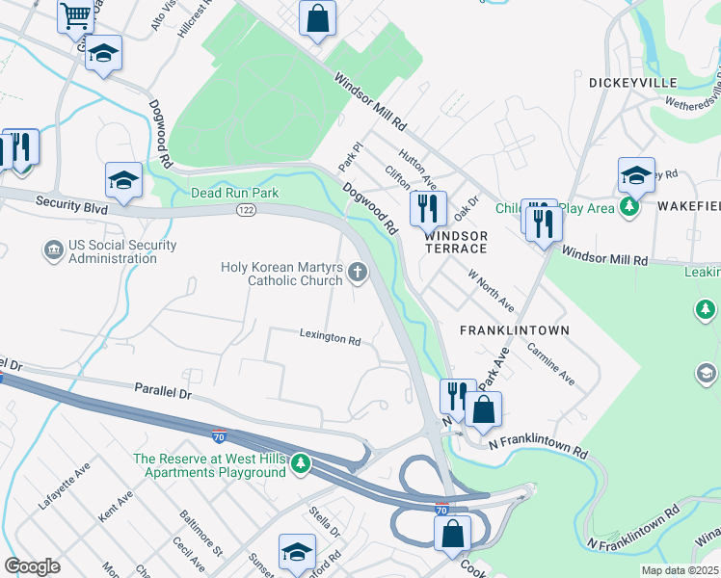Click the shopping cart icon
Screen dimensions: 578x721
(x=74, y=16)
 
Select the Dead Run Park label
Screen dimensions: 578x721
(x=234, y=193)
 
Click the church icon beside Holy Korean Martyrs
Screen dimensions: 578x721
(x=359, y=273)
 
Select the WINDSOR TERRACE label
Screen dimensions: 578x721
(x=457, y=242)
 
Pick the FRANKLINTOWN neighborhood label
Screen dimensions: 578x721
(x=514, y=329)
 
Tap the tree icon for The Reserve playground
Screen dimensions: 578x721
(x=301, y=465)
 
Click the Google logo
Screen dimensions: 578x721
(x=32, y=566)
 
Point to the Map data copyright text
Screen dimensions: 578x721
(x=680, y=570)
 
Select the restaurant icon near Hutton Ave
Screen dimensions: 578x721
(x=426, y=206)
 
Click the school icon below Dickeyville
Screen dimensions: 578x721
(x=636, y=174)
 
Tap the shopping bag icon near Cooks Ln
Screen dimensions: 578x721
(x=451, y=533)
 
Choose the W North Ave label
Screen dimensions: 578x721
(x=491, y=291)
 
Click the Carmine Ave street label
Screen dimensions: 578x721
(x=549, y=363)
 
